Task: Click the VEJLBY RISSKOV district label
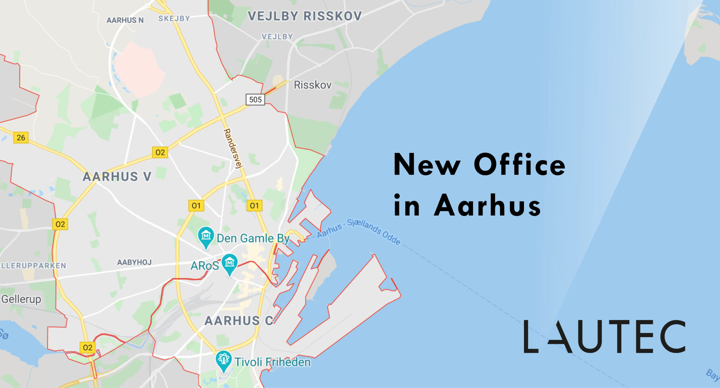click(x=305, y=16)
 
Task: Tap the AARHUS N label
click(x=125, y=20)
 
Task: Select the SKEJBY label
click(x=174, y=19)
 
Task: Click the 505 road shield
click(x=255, y=99)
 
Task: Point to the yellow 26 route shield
click(x=21, y=138)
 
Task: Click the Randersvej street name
click(x=233, y=148)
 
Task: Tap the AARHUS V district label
click(x=117, y=177)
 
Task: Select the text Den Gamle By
click(x=253, y=238)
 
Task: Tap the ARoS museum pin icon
click(x=229, y=263)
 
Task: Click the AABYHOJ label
click(x=134, y=262)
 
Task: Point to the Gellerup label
click(x=21, y=299)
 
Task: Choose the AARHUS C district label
click(x=238, y=321)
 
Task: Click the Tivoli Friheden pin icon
click(x=224, y=360)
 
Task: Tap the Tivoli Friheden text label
click(x=272, y=362)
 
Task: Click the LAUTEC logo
click(x=604, y=336)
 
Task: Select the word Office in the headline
click(x=519, y=165)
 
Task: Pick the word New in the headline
click(x=427, y=165)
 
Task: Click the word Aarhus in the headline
click(x=487, y=206)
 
